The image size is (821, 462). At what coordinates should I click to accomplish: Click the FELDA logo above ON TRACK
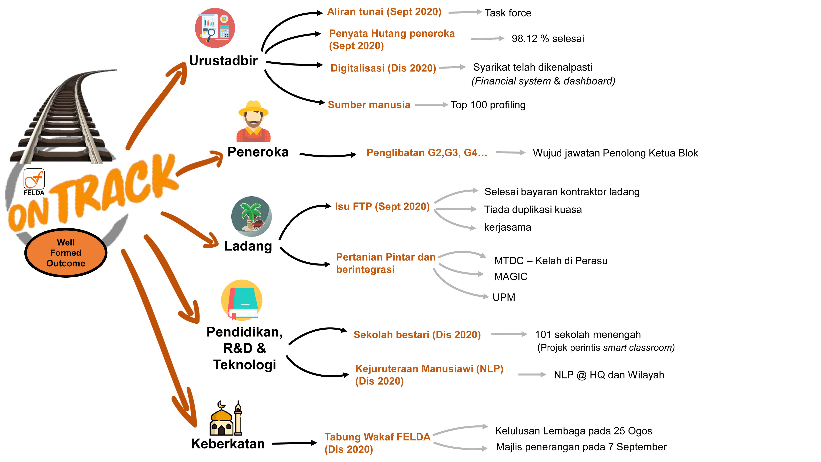point(34,181)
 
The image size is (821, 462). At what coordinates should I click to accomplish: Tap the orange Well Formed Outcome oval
point(66,253)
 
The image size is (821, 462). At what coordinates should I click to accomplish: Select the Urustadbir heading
point(223,61)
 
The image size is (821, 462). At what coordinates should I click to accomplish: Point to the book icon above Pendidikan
point(242,300)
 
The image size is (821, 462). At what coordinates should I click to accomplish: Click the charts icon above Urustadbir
point(215,28)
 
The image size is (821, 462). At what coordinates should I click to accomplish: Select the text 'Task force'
point(508,13)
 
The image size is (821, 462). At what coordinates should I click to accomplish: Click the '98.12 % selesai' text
point(548,39)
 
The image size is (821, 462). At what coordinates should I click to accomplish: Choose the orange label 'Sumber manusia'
point(369,105)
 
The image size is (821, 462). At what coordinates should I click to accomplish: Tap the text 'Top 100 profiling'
point(488,105)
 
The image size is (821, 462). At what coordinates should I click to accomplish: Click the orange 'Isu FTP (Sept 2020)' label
point(382,207)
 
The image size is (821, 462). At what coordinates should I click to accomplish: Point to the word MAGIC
point(511,276)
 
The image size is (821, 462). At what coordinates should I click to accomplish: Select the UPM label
point(503,297)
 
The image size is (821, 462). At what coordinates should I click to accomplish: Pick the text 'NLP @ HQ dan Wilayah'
point(609,375)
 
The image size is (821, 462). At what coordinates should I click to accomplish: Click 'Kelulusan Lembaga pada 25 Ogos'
point(573,431)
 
